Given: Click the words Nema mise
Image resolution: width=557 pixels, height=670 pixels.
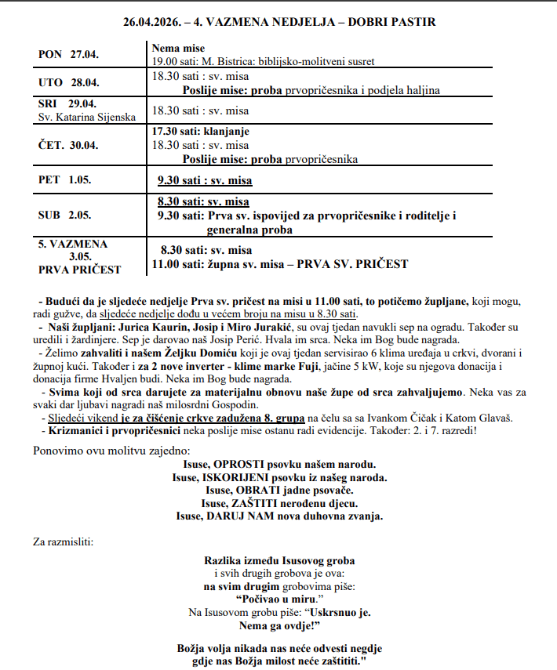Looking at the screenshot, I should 178,49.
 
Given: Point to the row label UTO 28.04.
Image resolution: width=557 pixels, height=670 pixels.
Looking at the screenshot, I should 69,82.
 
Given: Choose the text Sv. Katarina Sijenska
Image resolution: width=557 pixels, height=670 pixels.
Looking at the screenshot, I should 86,117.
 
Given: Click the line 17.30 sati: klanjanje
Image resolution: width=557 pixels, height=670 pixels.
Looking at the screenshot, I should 205,131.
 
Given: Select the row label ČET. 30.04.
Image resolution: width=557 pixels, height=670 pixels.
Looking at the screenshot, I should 69,145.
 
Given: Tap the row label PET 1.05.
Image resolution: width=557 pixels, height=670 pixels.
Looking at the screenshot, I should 65,179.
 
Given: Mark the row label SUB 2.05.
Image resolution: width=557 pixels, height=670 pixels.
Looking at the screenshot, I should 65,215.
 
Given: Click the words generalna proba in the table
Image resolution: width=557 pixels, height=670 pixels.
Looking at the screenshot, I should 249,230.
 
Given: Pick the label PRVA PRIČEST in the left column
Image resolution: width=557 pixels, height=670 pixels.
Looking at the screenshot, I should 79,270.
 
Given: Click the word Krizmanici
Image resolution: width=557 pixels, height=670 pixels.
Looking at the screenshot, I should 78,431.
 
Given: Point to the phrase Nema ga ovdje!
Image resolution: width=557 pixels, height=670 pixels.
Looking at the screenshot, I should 278,625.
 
